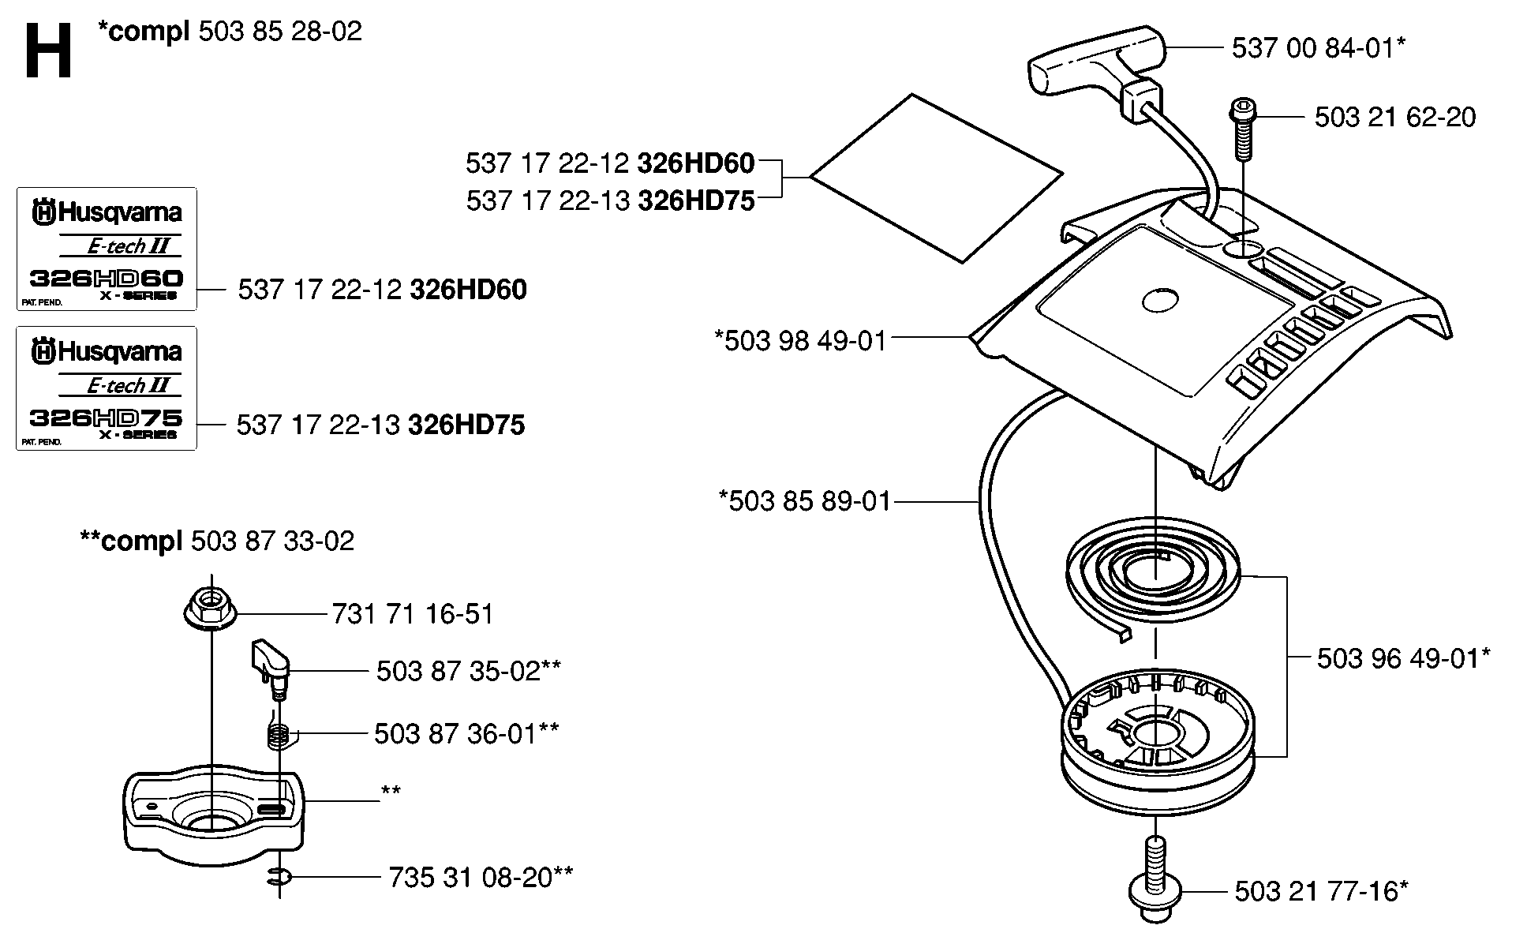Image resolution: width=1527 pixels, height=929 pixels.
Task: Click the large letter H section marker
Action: pos(49,51)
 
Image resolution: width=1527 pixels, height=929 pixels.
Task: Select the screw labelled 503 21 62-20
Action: pos(1242,129)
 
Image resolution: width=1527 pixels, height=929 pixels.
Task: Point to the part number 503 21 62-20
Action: pos(1394,118)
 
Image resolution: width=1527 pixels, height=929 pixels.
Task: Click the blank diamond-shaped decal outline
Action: pos(936,178)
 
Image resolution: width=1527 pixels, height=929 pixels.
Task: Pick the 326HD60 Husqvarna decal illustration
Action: pos(107,249)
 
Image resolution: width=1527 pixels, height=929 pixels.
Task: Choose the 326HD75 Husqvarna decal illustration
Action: pos(107,388)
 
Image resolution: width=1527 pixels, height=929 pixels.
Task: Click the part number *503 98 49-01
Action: pos(800,341)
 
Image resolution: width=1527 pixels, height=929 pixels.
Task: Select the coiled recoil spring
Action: pos(1153,575)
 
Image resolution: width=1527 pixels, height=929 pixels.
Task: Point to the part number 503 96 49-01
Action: pos(1403,657)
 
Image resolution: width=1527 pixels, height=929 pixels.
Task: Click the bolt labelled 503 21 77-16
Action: pos(1155,879)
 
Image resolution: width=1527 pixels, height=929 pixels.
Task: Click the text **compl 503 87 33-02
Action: pos(217,541)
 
